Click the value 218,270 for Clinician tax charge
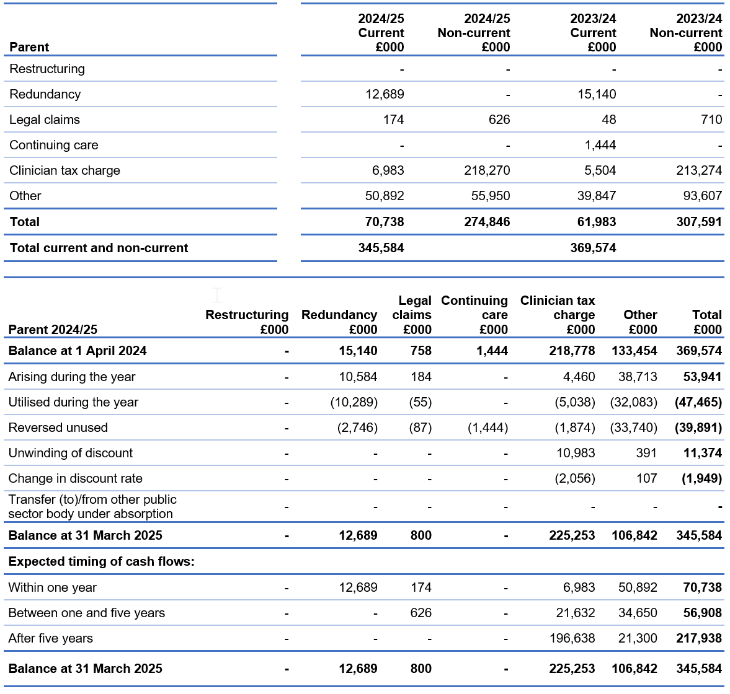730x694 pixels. tap(487, 170)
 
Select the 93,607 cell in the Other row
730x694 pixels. tap(699, 196)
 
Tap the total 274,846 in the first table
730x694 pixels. tap(487, 222)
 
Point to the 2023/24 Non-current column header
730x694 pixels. tap(686, 33)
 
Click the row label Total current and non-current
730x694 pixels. tap(99, 248)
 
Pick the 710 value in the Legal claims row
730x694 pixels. tap(711, 120)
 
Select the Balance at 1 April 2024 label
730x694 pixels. tap(78, 351)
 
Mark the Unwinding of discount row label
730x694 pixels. tap(71, 453)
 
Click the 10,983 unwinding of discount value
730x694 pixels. tap(576, 453)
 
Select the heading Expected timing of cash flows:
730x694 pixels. tap(102, 561)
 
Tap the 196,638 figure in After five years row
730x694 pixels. tap(572, 638)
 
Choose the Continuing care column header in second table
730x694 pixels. tap(474, 315)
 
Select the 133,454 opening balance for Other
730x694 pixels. tap(634, 351)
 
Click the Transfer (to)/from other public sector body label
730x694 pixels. tap(92, 506)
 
